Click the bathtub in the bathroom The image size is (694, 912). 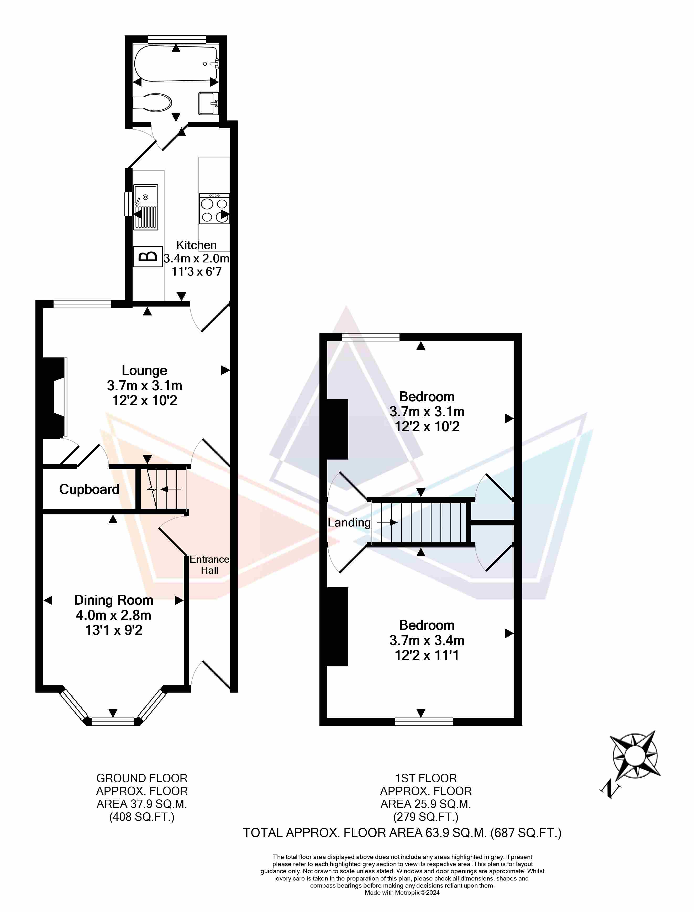[176, 63]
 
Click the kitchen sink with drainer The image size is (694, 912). [145, 207]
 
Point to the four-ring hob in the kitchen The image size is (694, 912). [214, 209]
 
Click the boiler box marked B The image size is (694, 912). [148, 256]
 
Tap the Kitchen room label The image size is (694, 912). [197, 245]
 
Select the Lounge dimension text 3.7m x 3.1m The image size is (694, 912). [145, 385]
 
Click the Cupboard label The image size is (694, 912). [89, 489]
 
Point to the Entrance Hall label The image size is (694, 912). [209, 565]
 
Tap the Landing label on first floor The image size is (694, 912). [349, 523]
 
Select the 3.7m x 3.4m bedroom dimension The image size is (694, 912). [427, 640]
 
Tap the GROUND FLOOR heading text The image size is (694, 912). [142, 778]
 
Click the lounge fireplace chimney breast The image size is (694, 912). [51, 397]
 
